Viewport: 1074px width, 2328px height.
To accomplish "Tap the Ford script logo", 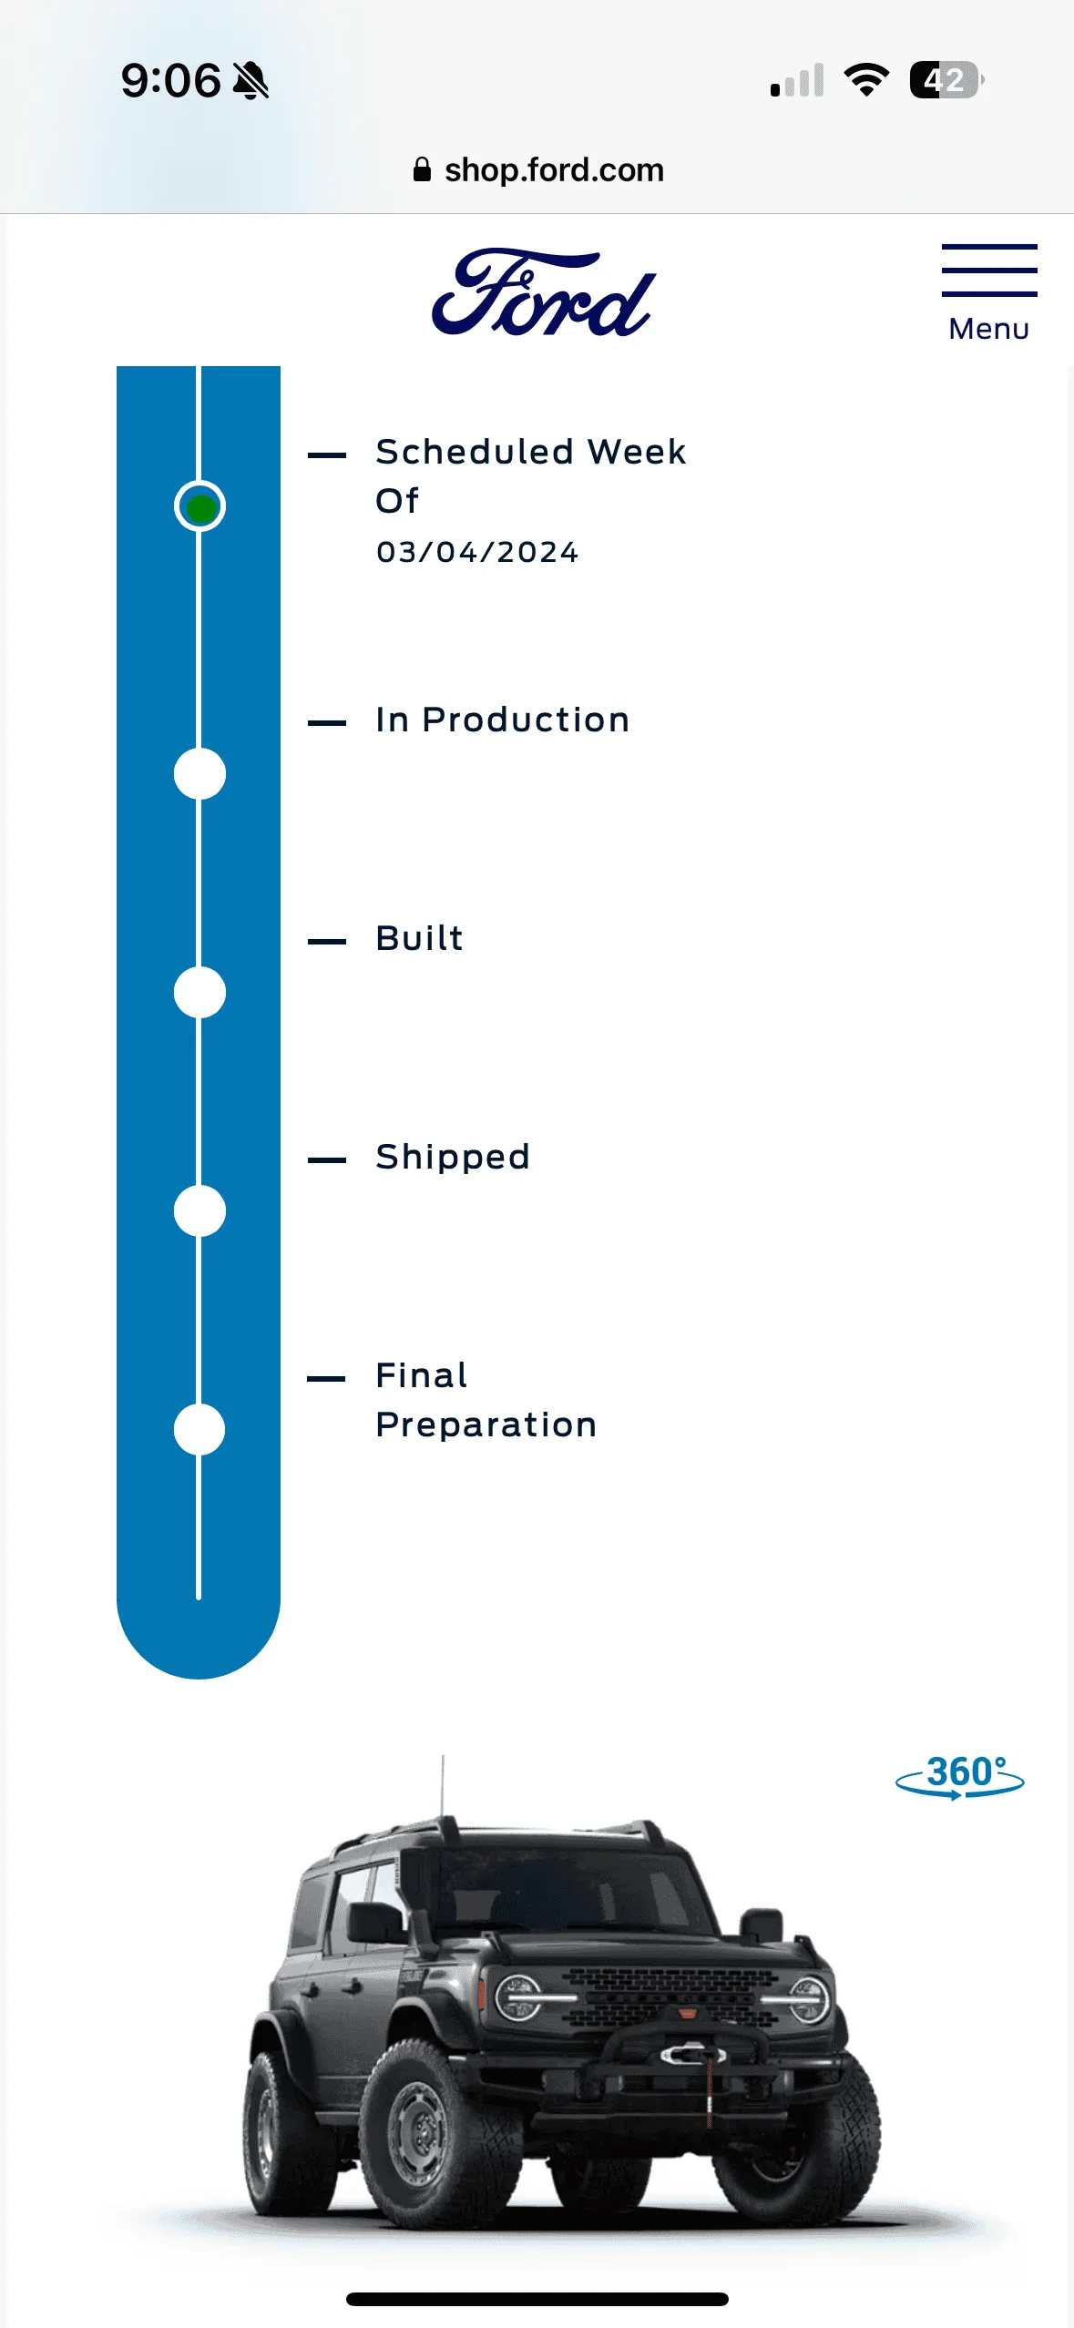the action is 544,292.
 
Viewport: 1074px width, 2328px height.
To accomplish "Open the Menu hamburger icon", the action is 989,270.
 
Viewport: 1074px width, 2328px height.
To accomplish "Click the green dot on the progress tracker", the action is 200,506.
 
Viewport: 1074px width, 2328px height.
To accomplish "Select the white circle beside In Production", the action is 199,774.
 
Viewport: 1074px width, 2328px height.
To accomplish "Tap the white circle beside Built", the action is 199,993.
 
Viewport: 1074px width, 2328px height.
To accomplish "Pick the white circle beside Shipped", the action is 199,1211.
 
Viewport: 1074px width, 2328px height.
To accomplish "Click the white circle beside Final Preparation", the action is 199,1430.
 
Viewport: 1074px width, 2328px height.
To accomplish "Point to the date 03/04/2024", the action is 477,552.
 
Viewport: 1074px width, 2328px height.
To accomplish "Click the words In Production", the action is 503,720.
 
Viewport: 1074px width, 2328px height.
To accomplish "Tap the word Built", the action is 420,938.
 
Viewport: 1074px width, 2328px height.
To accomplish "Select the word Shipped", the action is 453,1158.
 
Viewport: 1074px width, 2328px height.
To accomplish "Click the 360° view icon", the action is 960,1776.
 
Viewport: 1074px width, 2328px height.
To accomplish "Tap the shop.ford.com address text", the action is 554,170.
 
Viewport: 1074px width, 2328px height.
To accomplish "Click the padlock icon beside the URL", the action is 422,169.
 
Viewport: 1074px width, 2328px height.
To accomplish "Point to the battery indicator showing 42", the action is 946,80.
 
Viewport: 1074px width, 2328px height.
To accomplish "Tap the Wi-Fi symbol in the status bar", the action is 866,80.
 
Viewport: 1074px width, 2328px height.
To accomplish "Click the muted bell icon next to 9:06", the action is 251,80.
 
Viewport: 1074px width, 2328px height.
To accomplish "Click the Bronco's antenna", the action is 443,1787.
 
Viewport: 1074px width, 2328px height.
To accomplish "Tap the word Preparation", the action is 486,1426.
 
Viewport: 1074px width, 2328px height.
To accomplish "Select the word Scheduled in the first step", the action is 475,452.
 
